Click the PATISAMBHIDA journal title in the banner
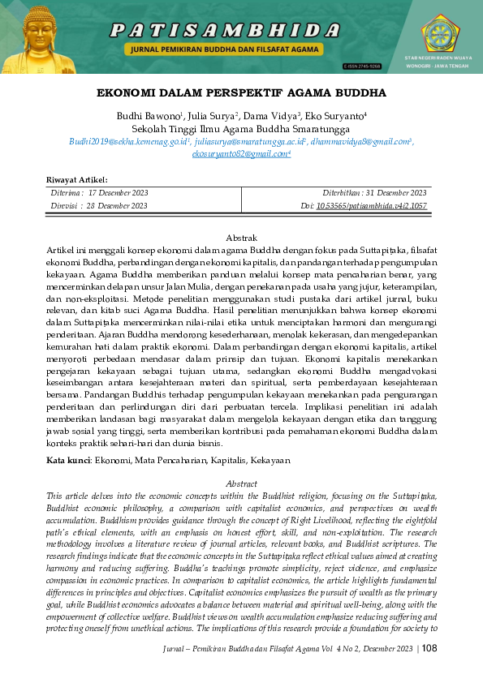pos(225,30)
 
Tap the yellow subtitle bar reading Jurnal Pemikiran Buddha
pos(225,49)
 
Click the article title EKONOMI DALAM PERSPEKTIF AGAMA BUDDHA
pos(241,93)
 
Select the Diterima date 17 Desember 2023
pos(118,193)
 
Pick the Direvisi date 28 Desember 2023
pos(118,206)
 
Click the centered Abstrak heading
pos(241,238)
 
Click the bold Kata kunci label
pos(68,460)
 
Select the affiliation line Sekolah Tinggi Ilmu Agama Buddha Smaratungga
pos(241,128)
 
